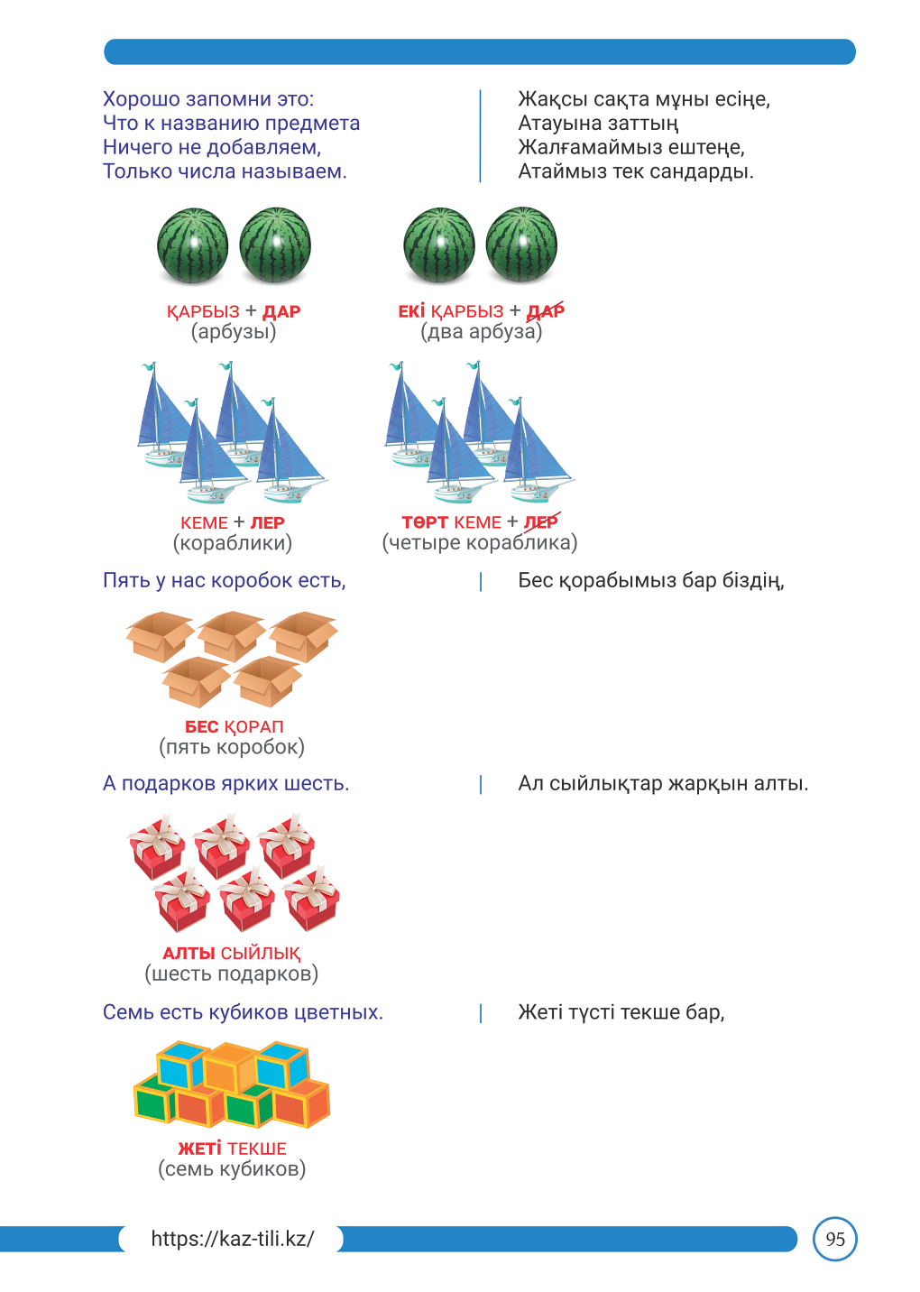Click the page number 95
pyautogui.click(x=834, y=1239)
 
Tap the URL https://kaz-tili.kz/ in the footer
pyautogui.click(x=233, y=1239)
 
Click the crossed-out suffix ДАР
pyautogui.click(x=546, y=311)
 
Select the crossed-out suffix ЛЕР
pyautogui.click(x=542, y=522)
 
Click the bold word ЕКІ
pyautogui.click(x=411, y=311)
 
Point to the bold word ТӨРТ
pyautogui.click(x=425, y=522)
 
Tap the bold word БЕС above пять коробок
pyautogui.click(x=201, y=727)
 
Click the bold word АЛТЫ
pyautogui.click(x=189, y=954)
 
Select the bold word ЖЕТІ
pyautogui.click(x=199, y=1149)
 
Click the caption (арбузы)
pyautogui.click(x=234, y=332)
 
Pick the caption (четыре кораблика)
pyautogui.click(x=480, y=543)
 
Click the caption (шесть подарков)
pyautogui.click(x=231, y=974)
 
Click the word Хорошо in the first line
pyautogui.click(x=141, y=99)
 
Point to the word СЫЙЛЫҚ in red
pyautogui.click(x=261, y=954)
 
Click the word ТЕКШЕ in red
pyautogui.click(x=257, y=1149)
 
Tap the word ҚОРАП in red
pyautogui.click(x=253, y=727)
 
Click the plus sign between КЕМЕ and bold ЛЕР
pyautogui.click(x=239, y=522)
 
